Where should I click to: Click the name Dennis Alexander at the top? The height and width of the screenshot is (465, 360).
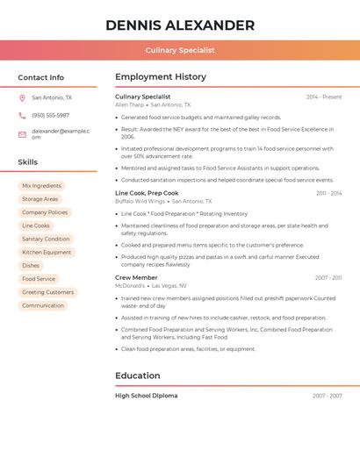(x=180, y=25)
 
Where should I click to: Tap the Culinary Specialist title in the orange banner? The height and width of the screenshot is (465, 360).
(x=180, y=51)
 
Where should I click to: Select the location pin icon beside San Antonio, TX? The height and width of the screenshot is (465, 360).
(x=22, y=98)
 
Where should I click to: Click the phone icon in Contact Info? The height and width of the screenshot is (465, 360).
(x=22, y=116)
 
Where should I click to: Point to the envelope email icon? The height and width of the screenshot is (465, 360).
(x=22, y=134)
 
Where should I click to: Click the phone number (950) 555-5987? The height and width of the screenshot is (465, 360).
(x=50, y=116)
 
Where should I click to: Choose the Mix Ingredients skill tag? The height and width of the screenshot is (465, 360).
(x=41, y=186)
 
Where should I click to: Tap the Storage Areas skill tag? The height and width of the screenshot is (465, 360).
(x=40, y=199)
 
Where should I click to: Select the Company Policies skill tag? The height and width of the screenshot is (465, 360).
(x=45, y=212)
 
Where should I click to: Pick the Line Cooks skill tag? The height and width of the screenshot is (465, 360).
(x=35, y=225)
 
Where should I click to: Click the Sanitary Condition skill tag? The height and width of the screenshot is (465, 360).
(x=46, y=239)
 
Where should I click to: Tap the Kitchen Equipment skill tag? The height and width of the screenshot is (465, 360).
(x=47, y=253)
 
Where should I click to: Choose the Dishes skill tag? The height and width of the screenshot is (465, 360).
(x=31, y=266)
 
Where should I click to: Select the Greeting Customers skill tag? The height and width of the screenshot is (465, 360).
(x=47, y=292)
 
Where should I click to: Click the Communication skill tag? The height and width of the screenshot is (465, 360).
(x=43, y=305)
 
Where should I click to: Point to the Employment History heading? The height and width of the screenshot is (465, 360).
(x=161, y=77)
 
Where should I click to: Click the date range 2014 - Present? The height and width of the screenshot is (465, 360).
(x=324, y=97)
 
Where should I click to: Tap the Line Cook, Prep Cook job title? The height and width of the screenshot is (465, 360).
(x=147, y=193)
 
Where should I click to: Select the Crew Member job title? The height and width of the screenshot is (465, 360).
(x=136, y=277)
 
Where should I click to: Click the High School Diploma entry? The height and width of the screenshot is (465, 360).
(x=146, y=396)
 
